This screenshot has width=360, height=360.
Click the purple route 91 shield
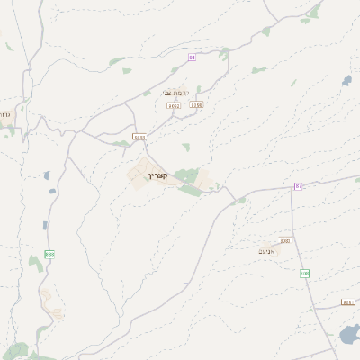click(192, 58)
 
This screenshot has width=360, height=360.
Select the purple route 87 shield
click(298, 185)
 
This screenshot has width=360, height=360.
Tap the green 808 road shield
click(304, 273)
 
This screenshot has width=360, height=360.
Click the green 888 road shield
click(49, 254)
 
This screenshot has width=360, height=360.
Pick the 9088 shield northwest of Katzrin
click(139, 138)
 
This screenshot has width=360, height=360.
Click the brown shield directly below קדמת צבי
click(174, 105)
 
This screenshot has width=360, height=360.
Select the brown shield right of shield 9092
click(196, 105)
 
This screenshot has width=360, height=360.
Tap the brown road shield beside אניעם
click(285, 241)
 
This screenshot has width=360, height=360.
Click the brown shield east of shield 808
click(347, 302)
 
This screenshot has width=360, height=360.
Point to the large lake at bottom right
click(349, 337)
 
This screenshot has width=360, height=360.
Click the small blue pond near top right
click(347, 81)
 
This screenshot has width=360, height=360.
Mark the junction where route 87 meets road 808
click(292, 189)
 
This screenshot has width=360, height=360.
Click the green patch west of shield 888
click(35, 262)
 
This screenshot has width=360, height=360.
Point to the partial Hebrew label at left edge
click(4, 114)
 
